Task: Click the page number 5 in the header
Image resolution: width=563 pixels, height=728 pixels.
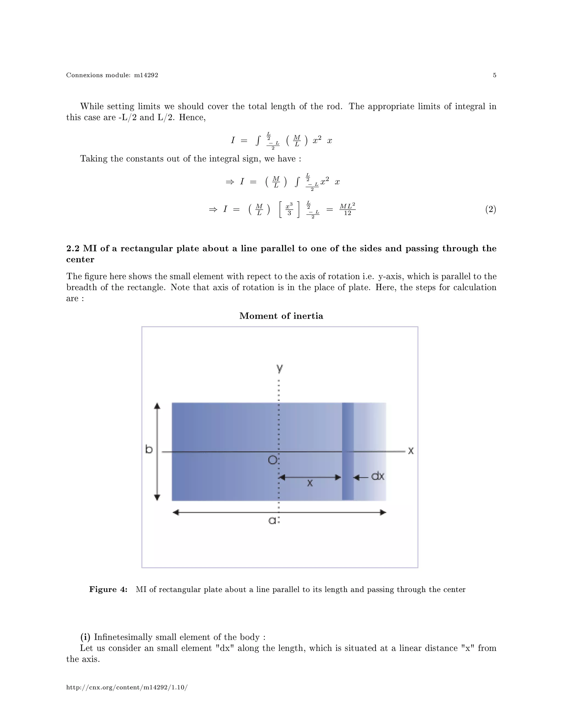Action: pyautogui.click(x=494, y=75)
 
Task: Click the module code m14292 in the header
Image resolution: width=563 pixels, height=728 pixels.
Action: pyautogui.click(x=146, y=75)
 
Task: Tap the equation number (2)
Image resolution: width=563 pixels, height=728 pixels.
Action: pyautogui.click(x=490, y=209)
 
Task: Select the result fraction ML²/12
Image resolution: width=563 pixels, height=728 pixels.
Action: pyautogui.click(x=347, y=209)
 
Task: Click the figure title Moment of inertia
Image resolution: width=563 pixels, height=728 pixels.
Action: pyautogui.click(x=281, y=316)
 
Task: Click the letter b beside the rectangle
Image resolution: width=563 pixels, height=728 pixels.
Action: pyautogui.click(x=149, y=449)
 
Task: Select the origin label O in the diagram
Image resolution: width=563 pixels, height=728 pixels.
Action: pyautogui.click(x=272, y=460)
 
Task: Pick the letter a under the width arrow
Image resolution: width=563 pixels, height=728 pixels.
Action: pyautogui.click(x=272, y=520)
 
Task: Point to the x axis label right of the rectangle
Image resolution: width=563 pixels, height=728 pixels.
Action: pyautogui.click(x=411, y=451)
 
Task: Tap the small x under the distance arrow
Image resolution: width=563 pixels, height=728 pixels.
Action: pyautogui.click(x=310, y=483)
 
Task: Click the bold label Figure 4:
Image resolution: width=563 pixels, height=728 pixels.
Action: pyautogui.click(x=108, y=589)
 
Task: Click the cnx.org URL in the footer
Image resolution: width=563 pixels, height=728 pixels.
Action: pyautogui.click(x=127, y=687)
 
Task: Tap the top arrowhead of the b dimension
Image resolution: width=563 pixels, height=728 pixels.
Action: pyautogui.click(x=157, y=406)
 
